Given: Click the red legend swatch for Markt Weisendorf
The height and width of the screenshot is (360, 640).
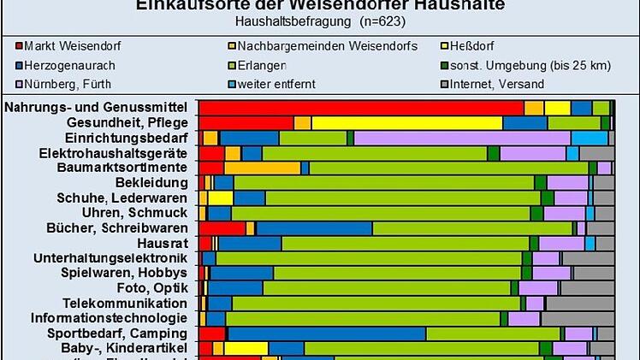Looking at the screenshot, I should click(18, 44).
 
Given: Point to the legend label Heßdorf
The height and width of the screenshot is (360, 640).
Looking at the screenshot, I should click(471, 44).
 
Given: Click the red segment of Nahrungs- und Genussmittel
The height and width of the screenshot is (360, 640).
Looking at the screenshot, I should click(360, 108).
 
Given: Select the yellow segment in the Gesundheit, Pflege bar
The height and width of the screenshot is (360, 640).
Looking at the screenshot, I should click(406, 123).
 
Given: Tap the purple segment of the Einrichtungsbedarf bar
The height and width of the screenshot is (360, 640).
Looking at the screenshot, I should click(462, 138).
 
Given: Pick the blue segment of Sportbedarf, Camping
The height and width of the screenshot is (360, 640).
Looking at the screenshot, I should click(326, 333).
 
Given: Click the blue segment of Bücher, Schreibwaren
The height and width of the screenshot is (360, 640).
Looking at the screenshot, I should click(314, 228).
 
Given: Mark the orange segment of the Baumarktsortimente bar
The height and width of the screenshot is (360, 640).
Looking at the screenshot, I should click(262, 168).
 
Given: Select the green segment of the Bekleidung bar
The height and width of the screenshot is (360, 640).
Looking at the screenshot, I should click(384, 183).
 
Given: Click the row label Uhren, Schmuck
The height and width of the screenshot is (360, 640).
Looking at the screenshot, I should click(134, 213).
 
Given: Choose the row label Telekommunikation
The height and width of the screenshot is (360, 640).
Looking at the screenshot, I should click(125, 303).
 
